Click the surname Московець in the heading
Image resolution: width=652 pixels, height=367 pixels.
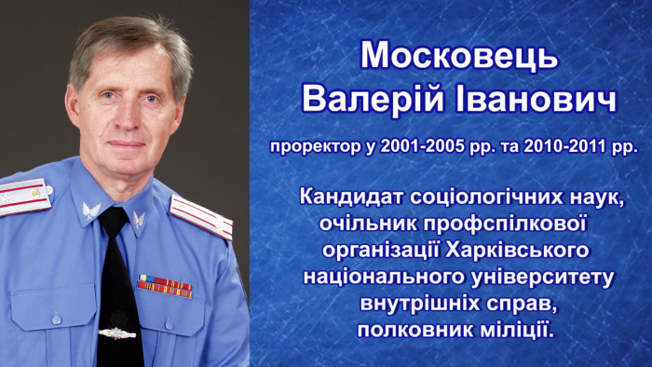459,56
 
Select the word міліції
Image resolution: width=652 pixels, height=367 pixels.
512,330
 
